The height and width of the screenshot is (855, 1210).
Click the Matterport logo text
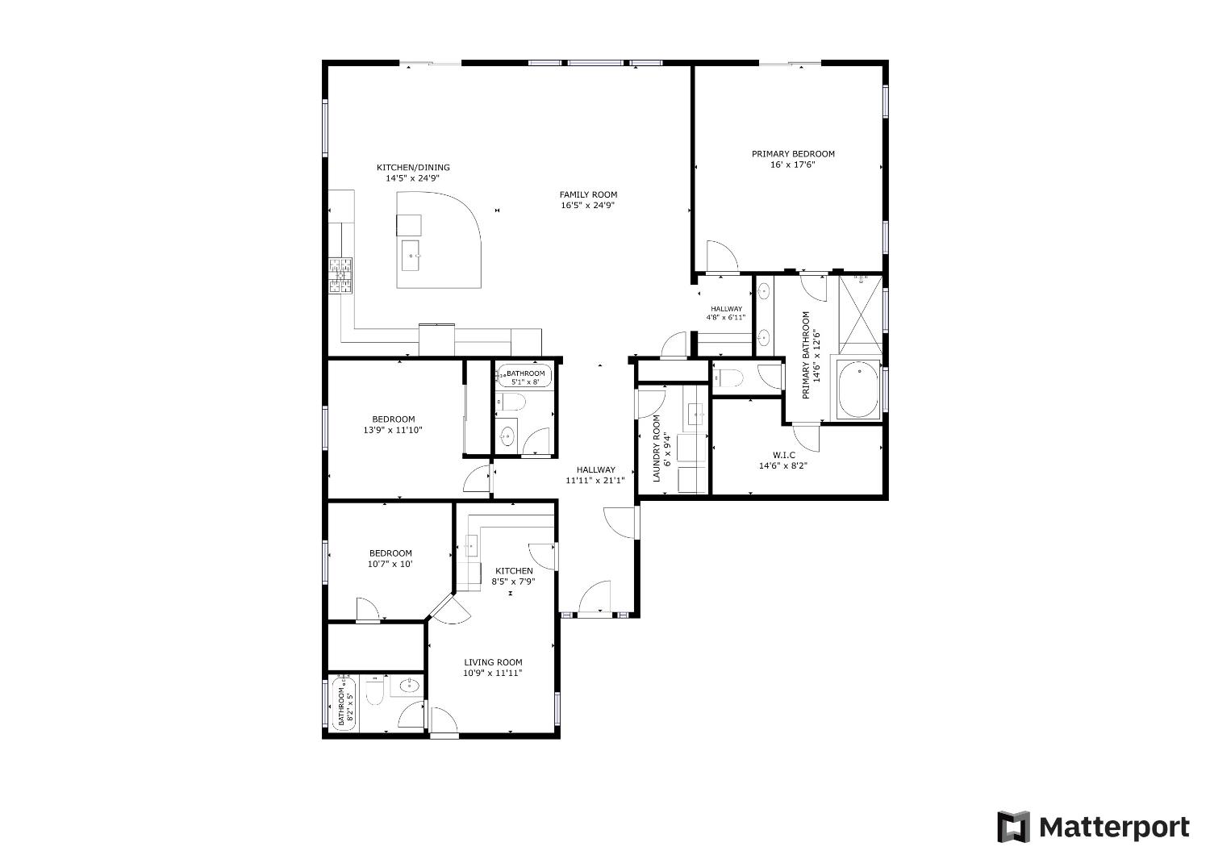coord(1113,828)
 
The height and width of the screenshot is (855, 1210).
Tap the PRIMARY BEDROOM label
coord(793,154)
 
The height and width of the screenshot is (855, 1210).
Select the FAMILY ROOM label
coord(588,194)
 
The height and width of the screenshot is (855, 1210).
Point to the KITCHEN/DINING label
coord(413,168)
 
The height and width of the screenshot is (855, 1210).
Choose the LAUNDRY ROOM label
coord(657,448)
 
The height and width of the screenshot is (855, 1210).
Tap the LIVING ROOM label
coord(493,662)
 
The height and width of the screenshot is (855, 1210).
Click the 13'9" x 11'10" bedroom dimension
coord(393,430)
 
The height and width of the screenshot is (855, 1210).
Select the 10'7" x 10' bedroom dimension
coord(390,564)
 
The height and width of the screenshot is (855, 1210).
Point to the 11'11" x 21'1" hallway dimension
coord(595,481)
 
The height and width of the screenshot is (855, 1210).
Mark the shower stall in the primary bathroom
coord(860,314)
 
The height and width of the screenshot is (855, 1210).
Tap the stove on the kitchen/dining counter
coord(340,275)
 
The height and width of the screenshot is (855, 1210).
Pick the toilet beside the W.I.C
coord(732,377)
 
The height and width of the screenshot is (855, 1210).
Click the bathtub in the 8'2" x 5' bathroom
coord(342,704)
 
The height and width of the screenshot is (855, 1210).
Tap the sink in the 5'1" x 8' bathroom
coord(507,436)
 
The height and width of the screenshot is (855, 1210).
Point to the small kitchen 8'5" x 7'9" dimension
coord(513,581)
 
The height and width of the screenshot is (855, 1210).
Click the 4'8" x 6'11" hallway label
coord(726,318)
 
